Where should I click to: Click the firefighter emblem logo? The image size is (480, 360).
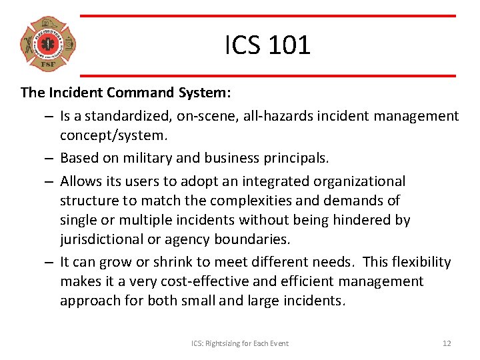[x=48, y=45]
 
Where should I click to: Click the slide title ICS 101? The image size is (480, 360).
[x=267, y=45]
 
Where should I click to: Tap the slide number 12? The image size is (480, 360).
[x=447, y=343]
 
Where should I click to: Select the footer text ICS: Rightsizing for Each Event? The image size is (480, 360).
[x=240, y=343]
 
